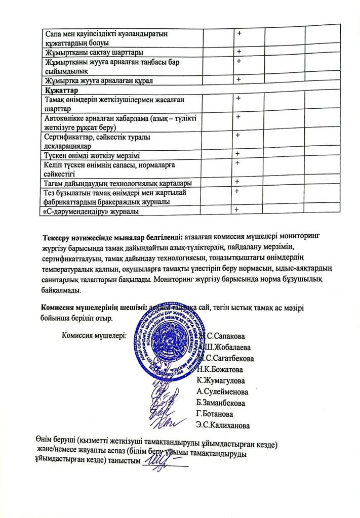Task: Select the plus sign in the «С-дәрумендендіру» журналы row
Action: coord(236,210)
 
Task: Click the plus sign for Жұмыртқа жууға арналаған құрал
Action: coord(236,79)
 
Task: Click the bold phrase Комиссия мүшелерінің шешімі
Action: coord(94,307)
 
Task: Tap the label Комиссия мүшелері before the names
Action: coord(94,334)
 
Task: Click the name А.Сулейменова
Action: coord(222,392)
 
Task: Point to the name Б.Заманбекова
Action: coord(221,403)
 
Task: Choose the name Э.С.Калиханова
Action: coord(223,425)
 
